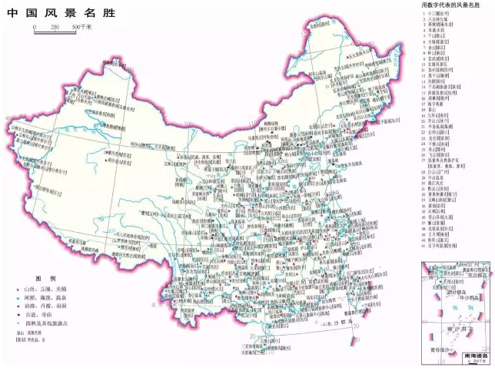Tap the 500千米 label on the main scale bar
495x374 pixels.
coord(81,27)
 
